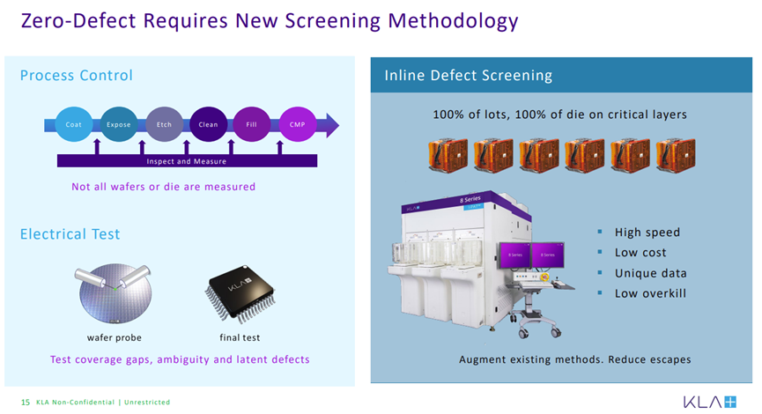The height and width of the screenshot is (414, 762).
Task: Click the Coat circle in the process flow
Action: click(74, 124)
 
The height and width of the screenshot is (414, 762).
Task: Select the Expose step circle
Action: click(119, 124)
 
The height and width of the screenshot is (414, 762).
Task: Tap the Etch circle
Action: click(164, 124)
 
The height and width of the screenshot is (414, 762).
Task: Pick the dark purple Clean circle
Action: click(208, 124)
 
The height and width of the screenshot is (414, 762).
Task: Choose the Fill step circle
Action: click(252, 124)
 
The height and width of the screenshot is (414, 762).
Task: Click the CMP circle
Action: click(298, 124)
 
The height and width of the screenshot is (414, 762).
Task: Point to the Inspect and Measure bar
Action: click(187, 161)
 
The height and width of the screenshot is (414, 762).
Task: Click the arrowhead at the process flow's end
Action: click(332, 125)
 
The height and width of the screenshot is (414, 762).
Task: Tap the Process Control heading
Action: click(77, 76)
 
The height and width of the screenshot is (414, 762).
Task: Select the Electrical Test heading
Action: click(70, 234)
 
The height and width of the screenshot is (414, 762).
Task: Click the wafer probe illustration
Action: click(115, 293)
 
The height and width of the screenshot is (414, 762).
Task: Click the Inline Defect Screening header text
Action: click(469, 76)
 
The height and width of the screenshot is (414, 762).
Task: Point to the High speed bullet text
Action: click(647, 233)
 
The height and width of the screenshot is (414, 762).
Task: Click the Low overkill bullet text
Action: click(651, 293)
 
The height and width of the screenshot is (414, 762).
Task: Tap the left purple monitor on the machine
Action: click(515, 255)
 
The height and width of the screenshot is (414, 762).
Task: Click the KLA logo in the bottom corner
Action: click(710, 402)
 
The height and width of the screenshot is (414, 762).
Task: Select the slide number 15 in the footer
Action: click(26, 403)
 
